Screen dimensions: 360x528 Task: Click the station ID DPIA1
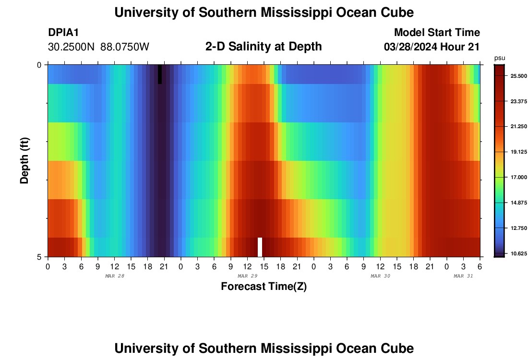[63, 33]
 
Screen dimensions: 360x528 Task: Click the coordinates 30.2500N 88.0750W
[99, 47]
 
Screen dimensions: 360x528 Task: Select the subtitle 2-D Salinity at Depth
[264, 47]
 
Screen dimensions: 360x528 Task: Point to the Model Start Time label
[437, 33]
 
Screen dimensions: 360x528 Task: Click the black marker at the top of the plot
[160, 74]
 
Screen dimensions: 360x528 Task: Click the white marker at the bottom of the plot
[260, 247]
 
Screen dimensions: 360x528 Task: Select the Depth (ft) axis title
[24, 160]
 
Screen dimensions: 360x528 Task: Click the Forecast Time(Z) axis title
[264, 287]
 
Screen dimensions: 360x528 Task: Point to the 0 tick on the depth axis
[40, 65]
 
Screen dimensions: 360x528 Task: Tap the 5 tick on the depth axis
[40, 257]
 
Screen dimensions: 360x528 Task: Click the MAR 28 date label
[114, 276]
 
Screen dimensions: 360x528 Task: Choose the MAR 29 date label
[247, 276]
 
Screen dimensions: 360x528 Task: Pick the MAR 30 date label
[380, 276]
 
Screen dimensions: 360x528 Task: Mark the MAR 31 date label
[464, 276]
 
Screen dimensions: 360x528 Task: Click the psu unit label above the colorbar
[499, 58]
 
